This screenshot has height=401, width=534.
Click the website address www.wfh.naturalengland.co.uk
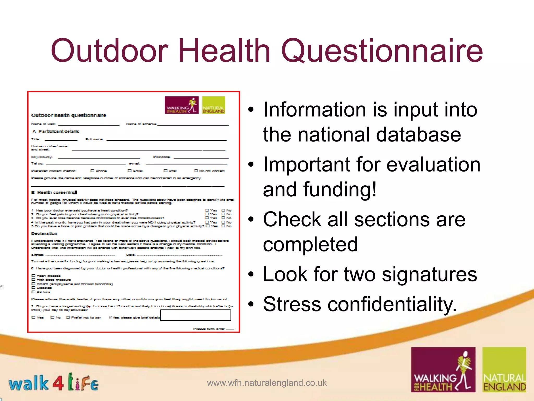point(267,383)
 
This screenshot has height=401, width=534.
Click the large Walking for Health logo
point(443,369)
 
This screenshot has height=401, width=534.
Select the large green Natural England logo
point(504,369)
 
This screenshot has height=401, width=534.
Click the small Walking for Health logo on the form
point(181,105)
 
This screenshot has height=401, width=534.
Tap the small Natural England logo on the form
point(214,105)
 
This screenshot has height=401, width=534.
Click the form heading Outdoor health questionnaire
point(69,115)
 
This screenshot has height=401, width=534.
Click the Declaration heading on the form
point(44,233)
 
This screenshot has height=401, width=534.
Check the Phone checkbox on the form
point(92,171)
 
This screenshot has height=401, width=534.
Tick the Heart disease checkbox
point(33,276)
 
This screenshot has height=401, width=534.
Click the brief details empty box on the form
point(196,315)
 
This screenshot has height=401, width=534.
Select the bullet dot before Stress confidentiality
point(251,304)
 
